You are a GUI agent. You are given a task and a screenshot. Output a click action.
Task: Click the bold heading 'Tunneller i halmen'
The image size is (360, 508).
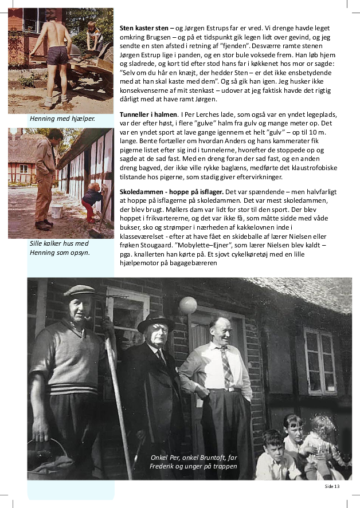click(x=147, y=115)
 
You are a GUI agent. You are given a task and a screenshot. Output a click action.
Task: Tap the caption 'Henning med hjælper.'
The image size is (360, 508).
click(x=62, y=119)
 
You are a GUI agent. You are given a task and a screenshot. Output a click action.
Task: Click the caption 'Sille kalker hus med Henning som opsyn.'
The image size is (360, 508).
click(x=59, y=247)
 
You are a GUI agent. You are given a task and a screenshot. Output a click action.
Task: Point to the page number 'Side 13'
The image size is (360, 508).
click(x=332, y=486)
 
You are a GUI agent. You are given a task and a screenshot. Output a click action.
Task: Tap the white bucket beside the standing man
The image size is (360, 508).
click(x=57, y=211)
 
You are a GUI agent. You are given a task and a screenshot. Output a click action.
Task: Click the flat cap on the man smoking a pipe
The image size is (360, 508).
click(x=79, y=290)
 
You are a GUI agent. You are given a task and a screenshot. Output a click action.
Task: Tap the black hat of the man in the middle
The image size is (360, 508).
click(x=155, y=322)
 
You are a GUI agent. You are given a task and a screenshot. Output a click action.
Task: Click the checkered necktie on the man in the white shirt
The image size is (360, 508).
click(x=227, y=366)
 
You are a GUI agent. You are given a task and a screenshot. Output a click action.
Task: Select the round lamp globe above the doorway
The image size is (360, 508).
click(x=187, y=305)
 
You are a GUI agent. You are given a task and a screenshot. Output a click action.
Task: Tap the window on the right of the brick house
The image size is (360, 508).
click(x=320, y=360)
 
